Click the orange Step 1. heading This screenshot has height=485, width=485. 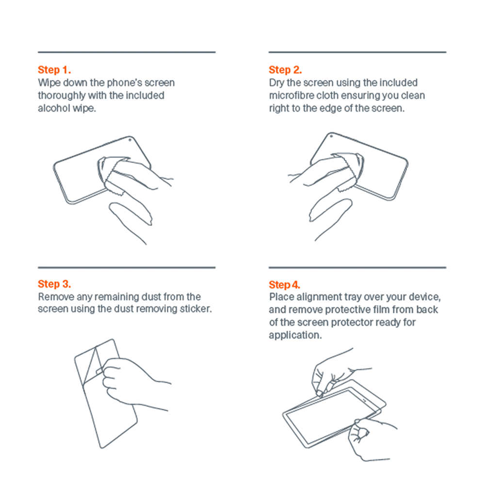tap(54, 70)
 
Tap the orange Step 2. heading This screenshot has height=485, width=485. tap(285, 70)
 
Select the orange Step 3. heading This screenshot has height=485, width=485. tap(54, 284)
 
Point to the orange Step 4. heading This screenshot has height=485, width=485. tap(285, 285)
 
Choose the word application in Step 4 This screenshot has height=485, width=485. tap(295, 335)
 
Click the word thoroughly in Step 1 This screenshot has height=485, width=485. tap(62, 96)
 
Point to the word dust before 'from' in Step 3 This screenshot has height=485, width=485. tap(151, 297)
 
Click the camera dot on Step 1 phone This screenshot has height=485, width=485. tap(130, 140)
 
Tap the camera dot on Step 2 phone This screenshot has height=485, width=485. tap(331, 136)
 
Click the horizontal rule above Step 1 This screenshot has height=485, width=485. tap(127, 52)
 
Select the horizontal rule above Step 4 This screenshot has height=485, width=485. tap(357, 267)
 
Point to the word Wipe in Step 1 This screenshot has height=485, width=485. tap(49, 83)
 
